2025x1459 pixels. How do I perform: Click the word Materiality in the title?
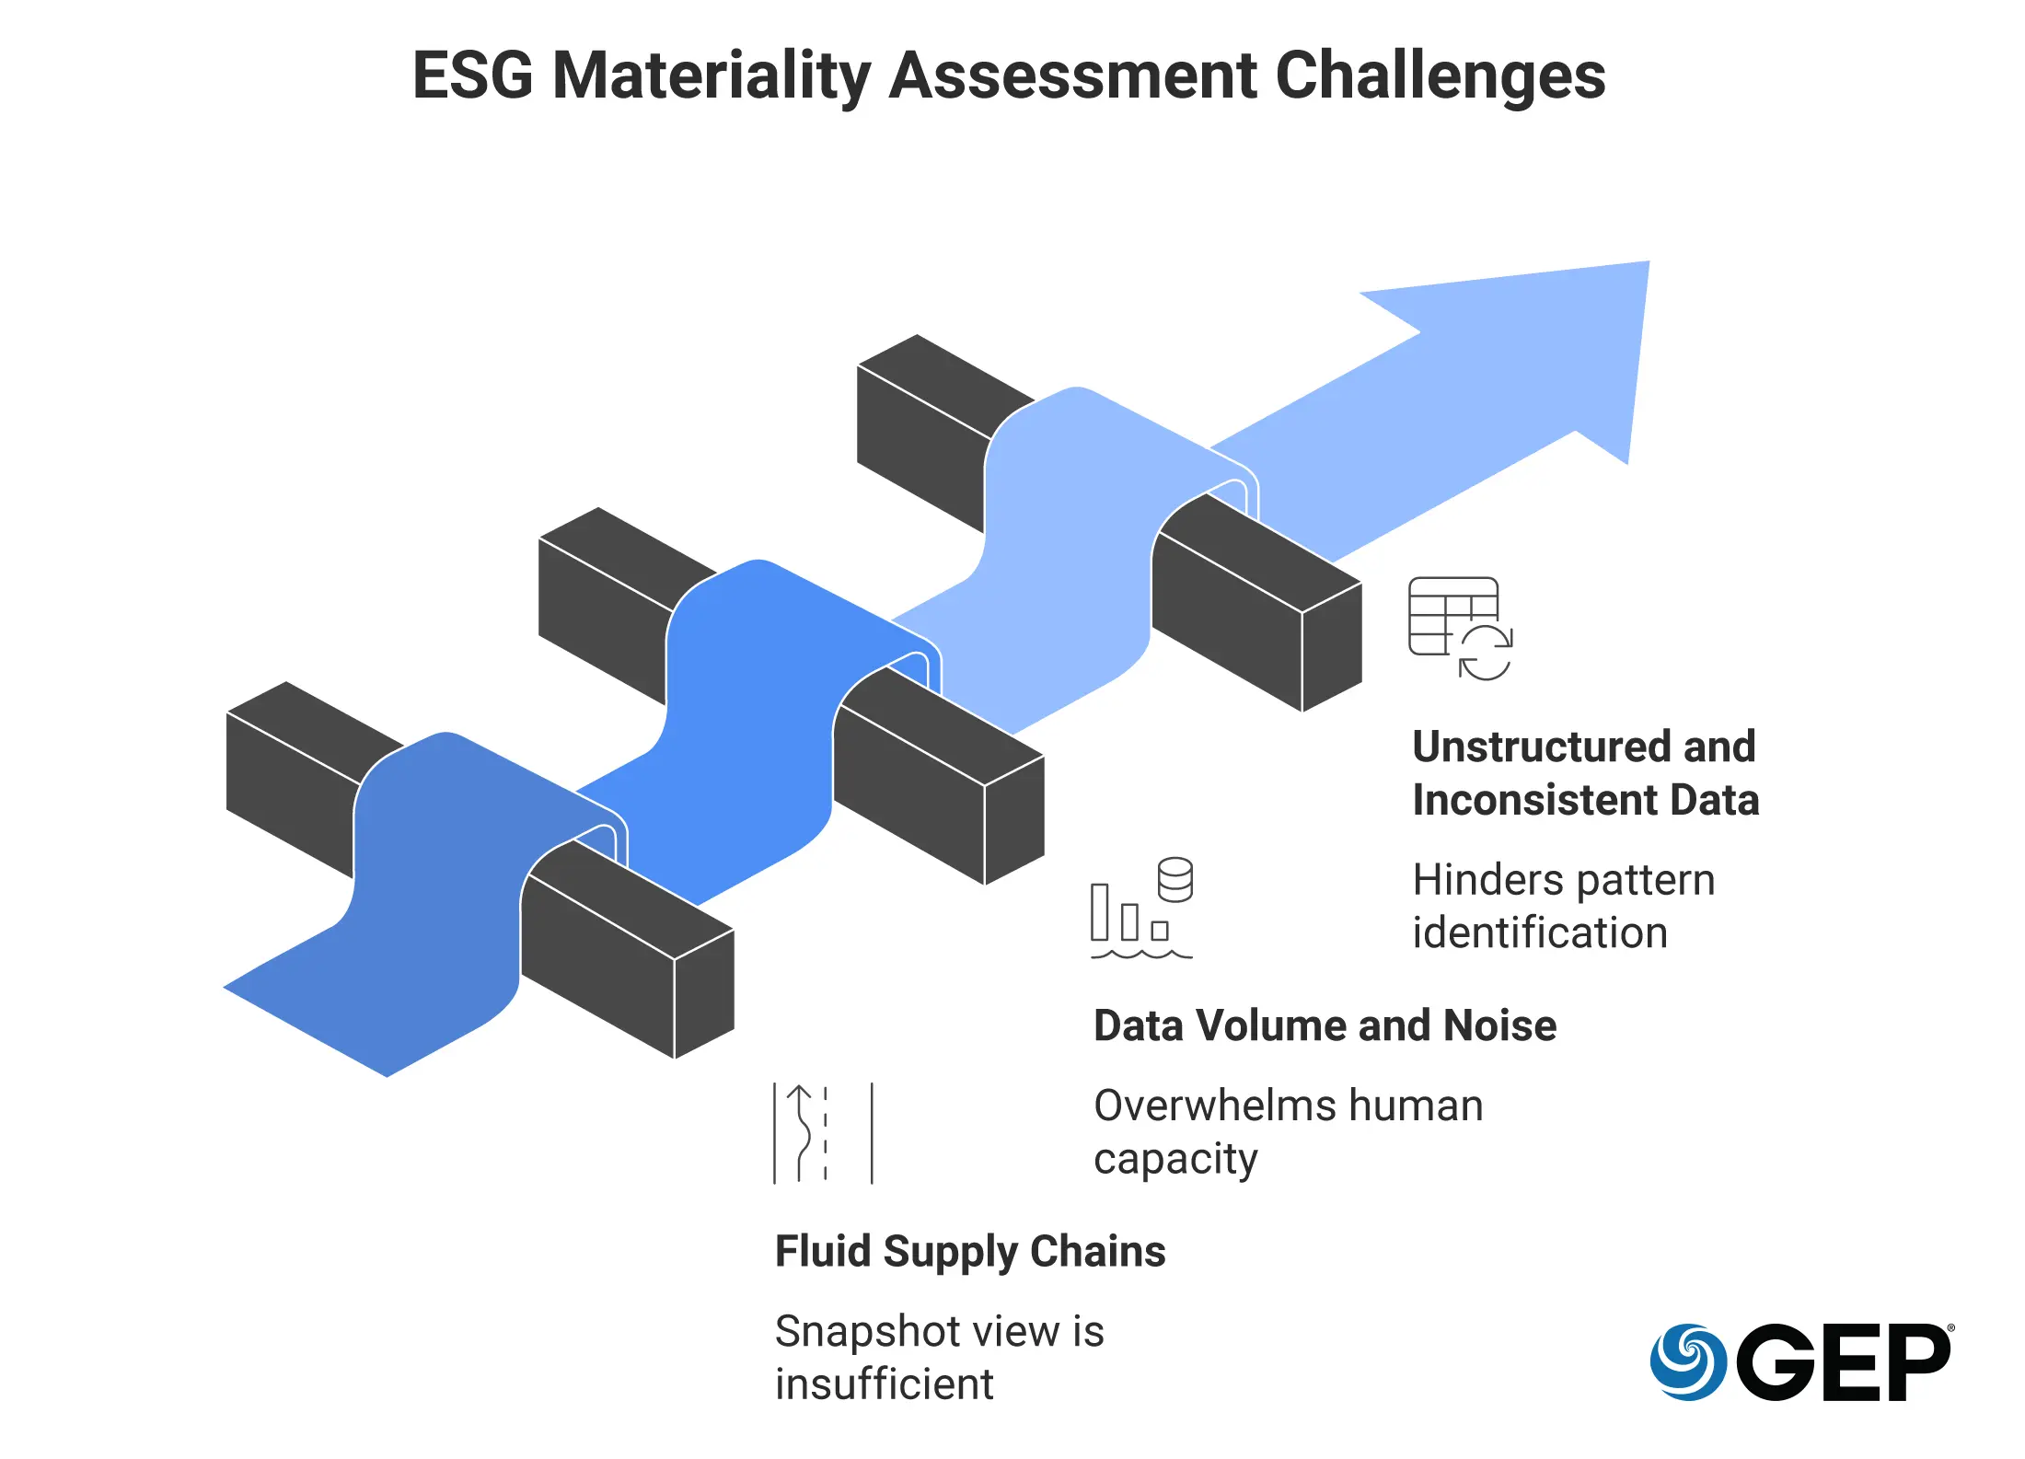pyautogui.click(x=711, y=75)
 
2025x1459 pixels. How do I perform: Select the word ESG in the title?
pyautogui.click(x=472, y=75)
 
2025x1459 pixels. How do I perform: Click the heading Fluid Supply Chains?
pyautogui.click(x=970, y=1252)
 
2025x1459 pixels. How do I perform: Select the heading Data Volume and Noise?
pyautogui.click(x=1325, y=1025)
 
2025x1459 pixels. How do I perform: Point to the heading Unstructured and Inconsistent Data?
pyautogui.click(x=1585, y=773)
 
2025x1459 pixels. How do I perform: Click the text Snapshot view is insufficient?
pyautogui.click(x=939, y=1357)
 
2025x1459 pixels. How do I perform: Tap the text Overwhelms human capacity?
pyautogui.click(x=1288, y=1131)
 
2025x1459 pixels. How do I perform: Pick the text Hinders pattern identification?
pyautogui.click(x=1563, y=906)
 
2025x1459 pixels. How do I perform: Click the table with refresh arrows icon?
pyautogui.click(x=1460, y=628)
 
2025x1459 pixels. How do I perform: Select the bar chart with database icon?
pyautogui.click(x=1141, y=908)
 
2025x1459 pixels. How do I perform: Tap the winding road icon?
pyautogui.click(x=823, y=1133)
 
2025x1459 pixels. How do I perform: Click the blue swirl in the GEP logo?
pyautogui.click(x=1687, y=1361)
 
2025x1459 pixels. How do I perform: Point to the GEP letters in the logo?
pyautogui.click(x=1843, y=1362)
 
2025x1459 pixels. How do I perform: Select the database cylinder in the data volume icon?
pyautogui.click(x=1175, y=879)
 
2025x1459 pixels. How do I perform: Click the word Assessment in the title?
pyautogui.click(x=1073, y=75)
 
